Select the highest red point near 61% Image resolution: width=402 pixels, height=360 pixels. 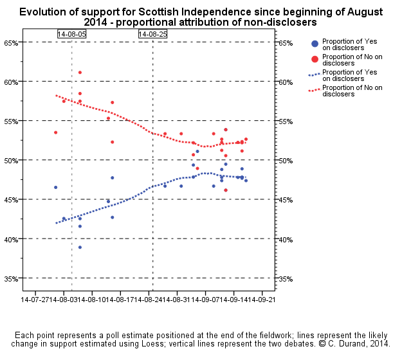coord(80,73)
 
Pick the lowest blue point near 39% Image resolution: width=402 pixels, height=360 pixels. coord(80,248)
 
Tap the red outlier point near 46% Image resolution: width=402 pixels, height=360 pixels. coord(225,190)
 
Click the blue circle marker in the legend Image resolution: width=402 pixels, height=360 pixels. coord(314,44)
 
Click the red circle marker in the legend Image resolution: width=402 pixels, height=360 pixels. coord(314,59)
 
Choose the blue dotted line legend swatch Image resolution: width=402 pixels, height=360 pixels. coord(314,75)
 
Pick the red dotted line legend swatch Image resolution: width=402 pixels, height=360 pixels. coord(314,90)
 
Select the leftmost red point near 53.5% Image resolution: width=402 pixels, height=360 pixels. coord(56,132)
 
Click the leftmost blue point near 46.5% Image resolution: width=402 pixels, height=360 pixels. coord(56,187)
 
